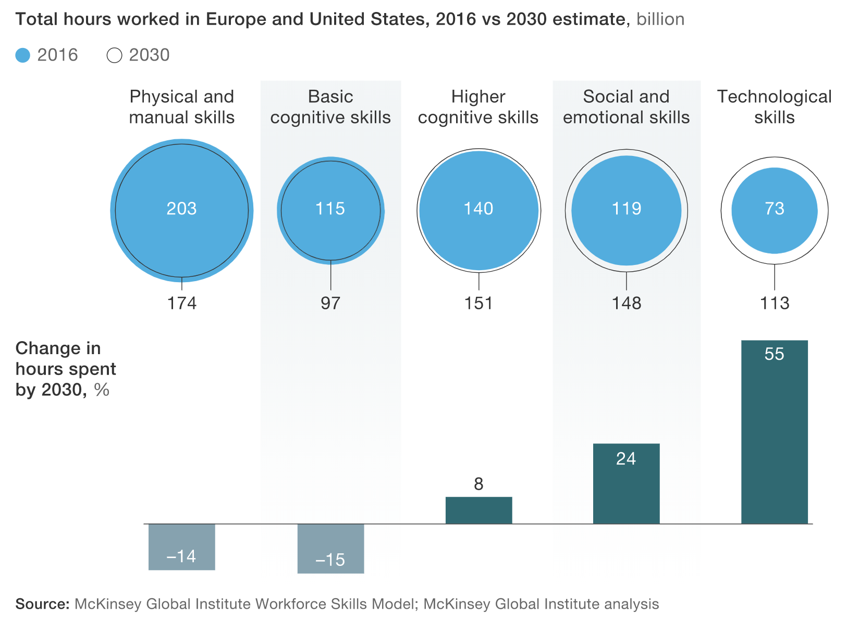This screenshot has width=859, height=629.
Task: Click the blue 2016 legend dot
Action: (x=22, y=55)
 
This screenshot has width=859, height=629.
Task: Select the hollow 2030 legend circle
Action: (x=114, y=55)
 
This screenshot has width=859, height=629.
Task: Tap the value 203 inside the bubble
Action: (x=181, y=209)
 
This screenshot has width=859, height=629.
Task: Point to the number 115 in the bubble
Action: (x=330, y=209)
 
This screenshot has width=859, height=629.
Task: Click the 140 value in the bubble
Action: (x=478, y=209)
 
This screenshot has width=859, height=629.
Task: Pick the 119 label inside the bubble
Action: (x=626, y=209)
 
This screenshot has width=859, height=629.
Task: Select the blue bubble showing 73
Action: (x=774, y=211)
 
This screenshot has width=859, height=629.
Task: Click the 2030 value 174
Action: (x=182, y=303)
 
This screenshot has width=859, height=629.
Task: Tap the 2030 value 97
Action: (x=330, y=303)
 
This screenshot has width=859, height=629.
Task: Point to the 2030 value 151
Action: (x=478, y=303)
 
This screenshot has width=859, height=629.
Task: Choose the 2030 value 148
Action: (x=626, y=303)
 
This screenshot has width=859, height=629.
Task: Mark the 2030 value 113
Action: (x=775, y=303)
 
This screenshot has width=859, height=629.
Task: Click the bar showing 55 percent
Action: (x=774, y=432)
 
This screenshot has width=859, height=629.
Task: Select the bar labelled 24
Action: (x=626, y=483)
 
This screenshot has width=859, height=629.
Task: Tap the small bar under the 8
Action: (x=478, y=510)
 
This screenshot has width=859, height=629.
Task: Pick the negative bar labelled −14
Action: (x=182, y=547)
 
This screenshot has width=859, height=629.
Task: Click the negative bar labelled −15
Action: (x=330, y=549)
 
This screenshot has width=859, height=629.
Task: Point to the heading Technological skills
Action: (x=774, y=107)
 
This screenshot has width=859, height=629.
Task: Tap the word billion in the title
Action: (x=660, y=19)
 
